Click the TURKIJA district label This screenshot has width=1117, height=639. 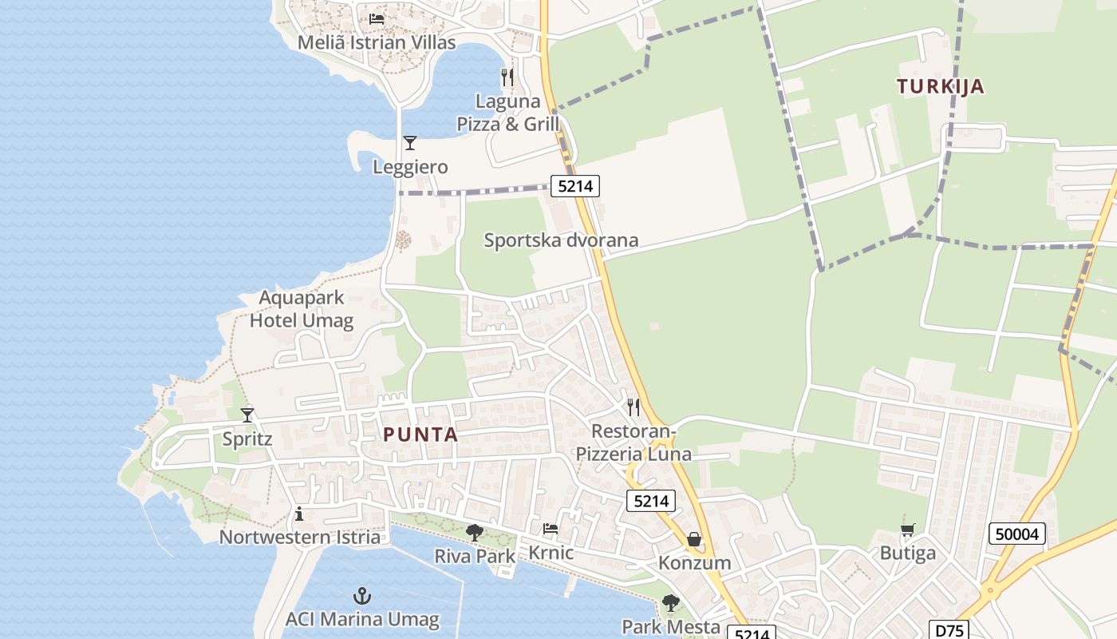point(941,86)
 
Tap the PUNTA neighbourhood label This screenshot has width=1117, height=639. point(420,435)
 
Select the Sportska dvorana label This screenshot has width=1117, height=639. point(561,240)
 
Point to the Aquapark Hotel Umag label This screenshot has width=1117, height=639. point(302,309)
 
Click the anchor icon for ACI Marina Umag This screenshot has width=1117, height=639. point(362,596)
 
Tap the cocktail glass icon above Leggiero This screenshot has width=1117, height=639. point(410,143)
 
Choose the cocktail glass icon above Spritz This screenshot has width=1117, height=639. point(247,415)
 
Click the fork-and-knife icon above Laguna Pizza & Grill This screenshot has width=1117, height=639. point(507,77)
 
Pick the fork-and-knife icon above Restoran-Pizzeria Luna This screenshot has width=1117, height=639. point(633,407)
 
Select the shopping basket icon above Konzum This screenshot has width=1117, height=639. point(694,540)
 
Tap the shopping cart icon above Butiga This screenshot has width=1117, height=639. point(907,530)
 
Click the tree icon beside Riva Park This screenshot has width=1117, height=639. point(475,532)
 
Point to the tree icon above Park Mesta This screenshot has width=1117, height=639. point(671,603)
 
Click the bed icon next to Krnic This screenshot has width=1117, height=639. point(551,529)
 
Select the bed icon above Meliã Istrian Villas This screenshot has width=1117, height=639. point(377,19)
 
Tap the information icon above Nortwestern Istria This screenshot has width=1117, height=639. point(299,514)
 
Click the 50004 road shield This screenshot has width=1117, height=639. point(1017,534)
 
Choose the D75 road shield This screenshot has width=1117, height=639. point(949,630)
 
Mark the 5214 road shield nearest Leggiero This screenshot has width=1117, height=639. point(575,187)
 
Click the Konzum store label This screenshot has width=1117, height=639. point(694,562)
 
